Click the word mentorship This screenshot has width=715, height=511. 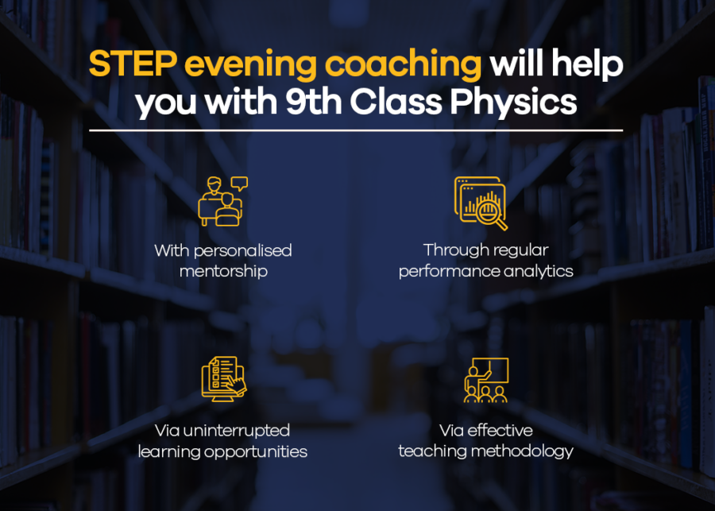point(223,271)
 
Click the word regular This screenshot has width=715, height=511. point(520,251)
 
